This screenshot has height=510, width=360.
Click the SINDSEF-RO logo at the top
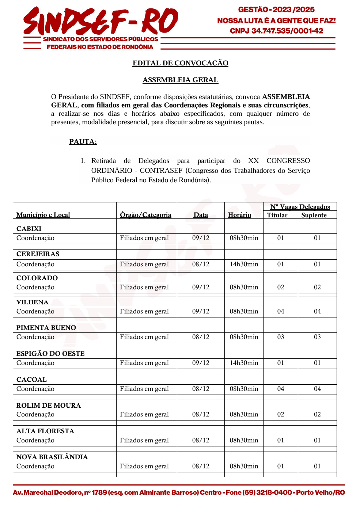point(101,22)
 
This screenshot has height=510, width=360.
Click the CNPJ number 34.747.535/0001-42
point(287,31)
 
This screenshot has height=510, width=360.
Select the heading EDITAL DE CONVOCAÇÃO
point(180,63)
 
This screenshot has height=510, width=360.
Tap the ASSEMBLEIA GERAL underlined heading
point(180,80)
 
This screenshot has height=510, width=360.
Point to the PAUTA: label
point(83,142)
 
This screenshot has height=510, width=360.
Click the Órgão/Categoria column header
point(145,215)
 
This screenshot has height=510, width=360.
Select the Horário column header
point(239,215)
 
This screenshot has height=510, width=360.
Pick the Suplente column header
point(314,215)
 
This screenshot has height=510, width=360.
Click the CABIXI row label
point(29,229)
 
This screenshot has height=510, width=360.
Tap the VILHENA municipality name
point(32,302)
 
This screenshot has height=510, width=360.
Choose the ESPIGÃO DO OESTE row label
point(50,354)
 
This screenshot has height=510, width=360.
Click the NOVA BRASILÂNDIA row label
point(52,457)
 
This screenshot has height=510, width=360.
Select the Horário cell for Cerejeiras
point(244,264)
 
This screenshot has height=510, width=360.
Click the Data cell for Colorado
point(201,287)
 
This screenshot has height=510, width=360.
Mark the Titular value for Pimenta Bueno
point(280,337)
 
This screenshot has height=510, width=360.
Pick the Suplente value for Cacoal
point(317,389)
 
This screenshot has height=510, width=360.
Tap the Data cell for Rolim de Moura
point(201,414)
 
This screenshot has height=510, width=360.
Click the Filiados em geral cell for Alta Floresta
point(144,440)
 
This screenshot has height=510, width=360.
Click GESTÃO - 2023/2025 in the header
point(276,10)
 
